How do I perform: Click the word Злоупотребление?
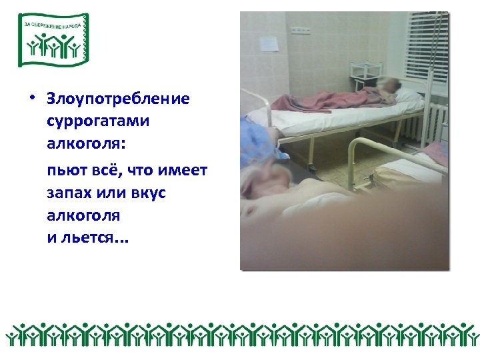(118, 99)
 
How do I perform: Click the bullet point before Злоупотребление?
(31, 99)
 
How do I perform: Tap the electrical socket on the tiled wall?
(301, 31)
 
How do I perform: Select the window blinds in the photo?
(427, 47)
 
